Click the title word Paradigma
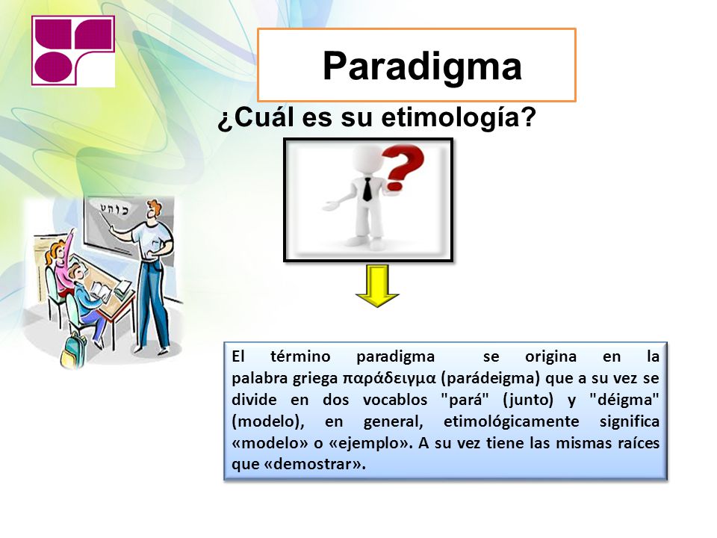(422, 67)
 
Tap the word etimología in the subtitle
(458, 118)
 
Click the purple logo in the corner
(73, 51)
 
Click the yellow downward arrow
(377, 285)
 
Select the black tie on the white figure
(367, 189)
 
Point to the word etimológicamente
(511, 421)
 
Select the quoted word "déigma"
(624, 400)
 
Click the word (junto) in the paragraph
(528, 400)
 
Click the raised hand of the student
(71, 233)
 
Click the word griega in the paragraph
(315, 379)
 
